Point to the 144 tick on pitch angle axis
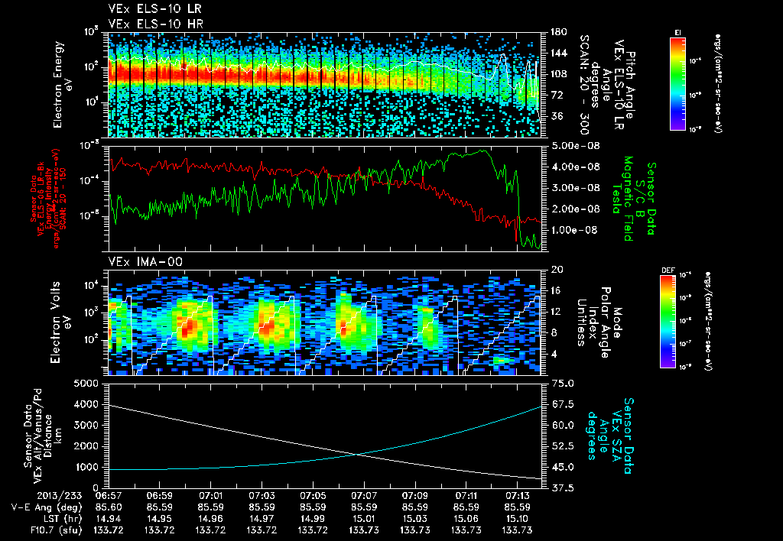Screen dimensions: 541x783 [x=556, y=53]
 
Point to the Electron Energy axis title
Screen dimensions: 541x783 [x=63, y=82]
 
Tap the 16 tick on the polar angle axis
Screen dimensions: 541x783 [x=556, y=290]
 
